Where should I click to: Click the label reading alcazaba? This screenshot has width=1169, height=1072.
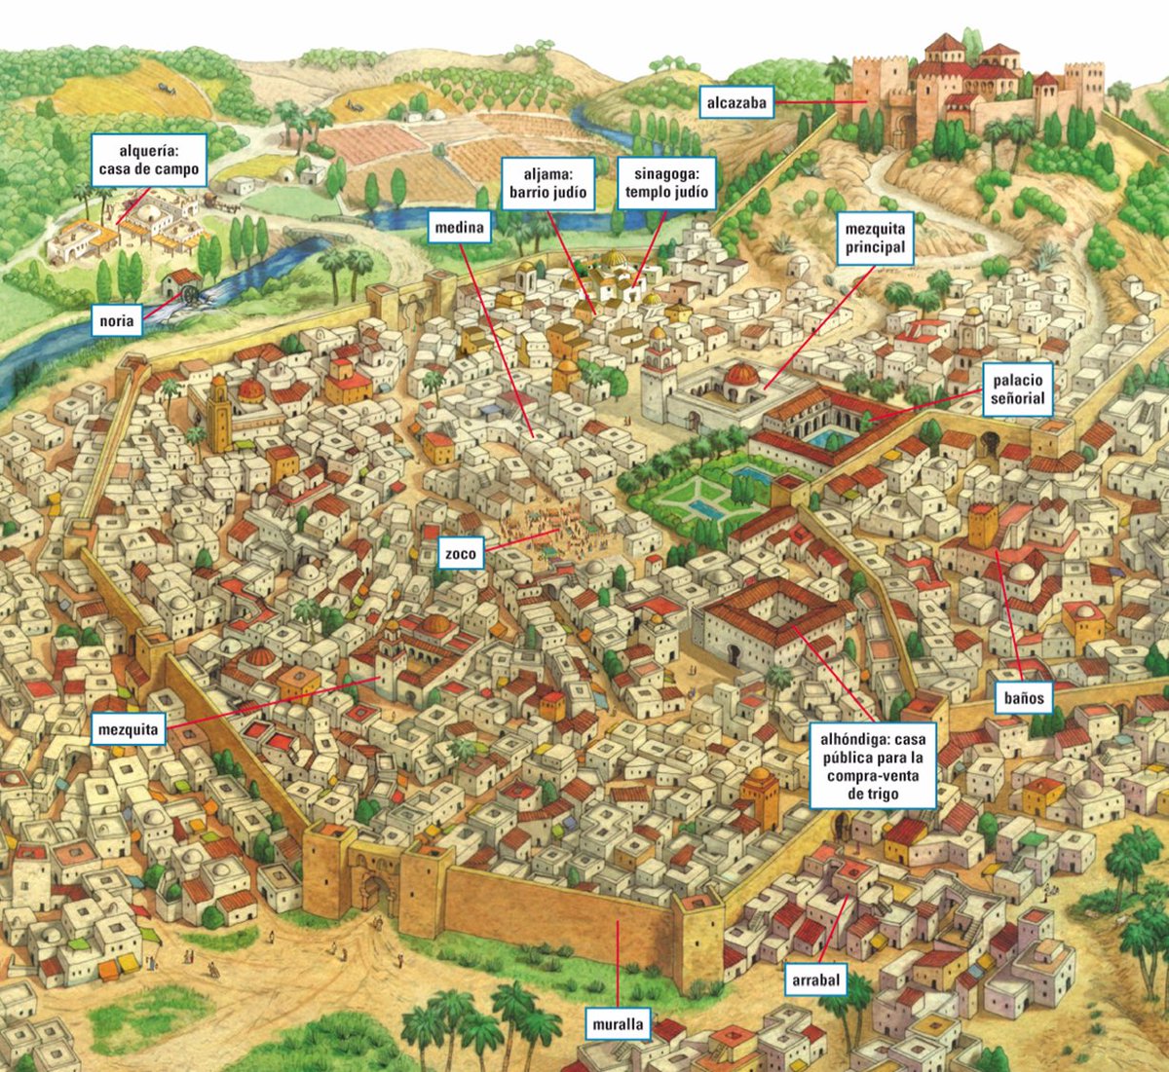tap(736, 102)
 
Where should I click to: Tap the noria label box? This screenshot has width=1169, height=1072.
tap(117, 320)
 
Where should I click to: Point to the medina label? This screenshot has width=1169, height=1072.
tap(459, 228)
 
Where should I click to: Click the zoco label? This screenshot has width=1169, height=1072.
tap(460, 554)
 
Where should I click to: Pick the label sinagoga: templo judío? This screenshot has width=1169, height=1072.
tap(666, 182)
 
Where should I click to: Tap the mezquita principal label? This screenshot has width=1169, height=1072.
tap(875, 239)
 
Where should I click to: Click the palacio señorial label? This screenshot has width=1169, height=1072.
tap(1017, 389)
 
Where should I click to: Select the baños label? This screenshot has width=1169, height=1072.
tap(1024, 697)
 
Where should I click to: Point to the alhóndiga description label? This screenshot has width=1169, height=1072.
tap(873, 766)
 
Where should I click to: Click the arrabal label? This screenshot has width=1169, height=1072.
tap(815, 980)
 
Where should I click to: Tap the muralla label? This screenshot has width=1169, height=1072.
tap(619, 1024)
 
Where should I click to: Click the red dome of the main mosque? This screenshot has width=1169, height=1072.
tap(742, 375)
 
